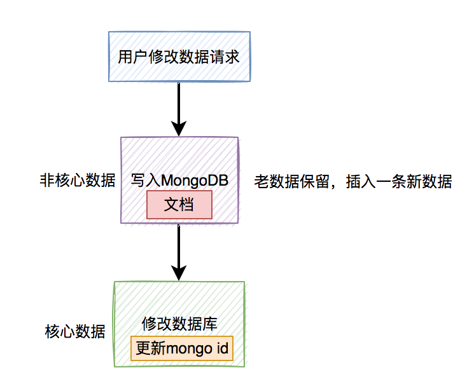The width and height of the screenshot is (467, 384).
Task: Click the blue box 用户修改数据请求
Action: click(x=179, y=57)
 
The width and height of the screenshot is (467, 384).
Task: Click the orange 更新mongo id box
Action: click(x=182, y=349)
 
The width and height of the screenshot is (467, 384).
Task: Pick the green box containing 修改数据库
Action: click(x=179, y=299)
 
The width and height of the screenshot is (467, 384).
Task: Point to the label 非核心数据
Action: click(x=77, y=181)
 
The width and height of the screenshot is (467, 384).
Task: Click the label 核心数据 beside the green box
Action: click(x=75, y=332)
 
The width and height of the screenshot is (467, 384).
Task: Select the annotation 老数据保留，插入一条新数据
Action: click(x=352, y=181)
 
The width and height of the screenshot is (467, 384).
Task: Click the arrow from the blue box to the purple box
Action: click(x=179, y=108)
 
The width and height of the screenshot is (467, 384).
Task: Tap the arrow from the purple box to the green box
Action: click(x=179, y=251)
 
